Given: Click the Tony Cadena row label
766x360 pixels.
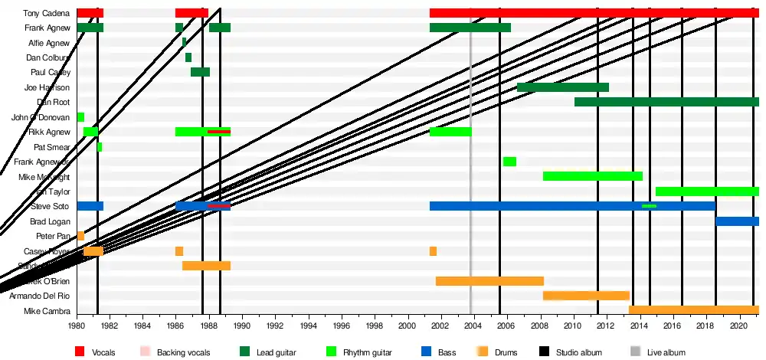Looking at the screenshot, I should click(47, 13).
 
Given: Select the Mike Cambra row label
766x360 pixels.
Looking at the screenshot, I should click(47, 311).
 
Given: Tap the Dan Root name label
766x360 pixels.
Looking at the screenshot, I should click(54, 102).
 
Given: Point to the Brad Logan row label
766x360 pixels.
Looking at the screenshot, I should click(51, 221).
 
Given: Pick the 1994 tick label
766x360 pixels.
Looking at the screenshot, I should click(308, 325).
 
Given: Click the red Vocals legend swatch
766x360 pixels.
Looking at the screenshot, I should click(80, 352).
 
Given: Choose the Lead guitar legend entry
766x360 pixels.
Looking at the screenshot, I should click(275, 352).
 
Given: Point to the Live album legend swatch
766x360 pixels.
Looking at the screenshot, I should click(635, 352).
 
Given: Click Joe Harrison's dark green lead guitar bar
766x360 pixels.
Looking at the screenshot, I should click(562, 87).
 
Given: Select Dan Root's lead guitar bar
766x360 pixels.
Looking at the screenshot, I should click(666, 102).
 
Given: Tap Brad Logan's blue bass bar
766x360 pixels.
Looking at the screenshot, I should click(737, 221).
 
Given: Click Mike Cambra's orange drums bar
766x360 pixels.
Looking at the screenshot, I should click(693, 310).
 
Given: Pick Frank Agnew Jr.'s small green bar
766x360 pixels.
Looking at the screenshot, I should click(509, 162).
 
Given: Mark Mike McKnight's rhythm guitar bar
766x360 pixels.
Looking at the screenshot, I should click(592, 176).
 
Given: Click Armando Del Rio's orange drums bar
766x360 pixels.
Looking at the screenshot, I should click(586, 296).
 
